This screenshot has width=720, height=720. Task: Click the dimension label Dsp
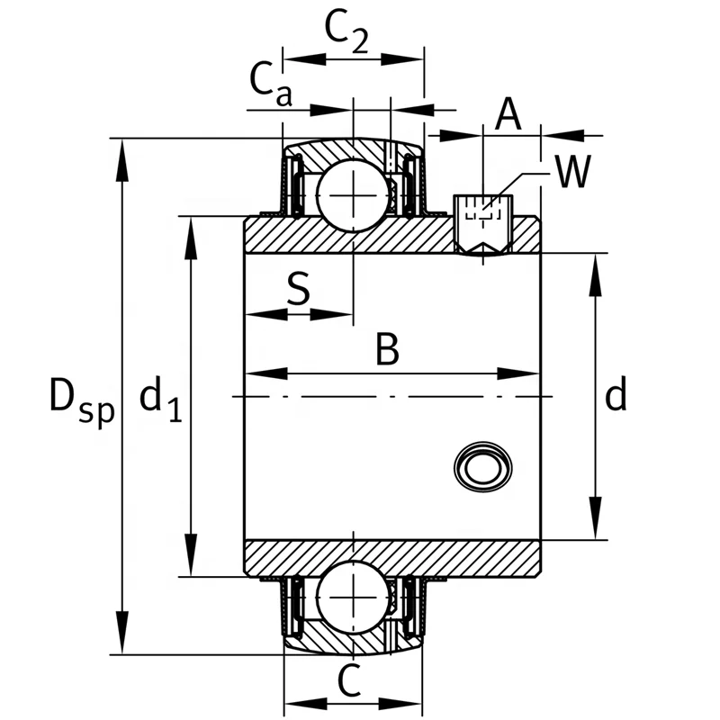(x=81, y=398)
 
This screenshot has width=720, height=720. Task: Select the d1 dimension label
(x=161, y=398)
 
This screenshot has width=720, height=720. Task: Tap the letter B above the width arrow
(x=387, y=349)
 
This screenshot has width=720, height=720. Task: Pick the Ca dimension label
(x=270, y=86)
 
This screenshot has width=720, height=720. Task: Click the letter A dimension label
(x=508, y=114)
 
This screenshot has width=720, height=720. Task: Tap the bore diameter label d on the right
(x=615, y=396)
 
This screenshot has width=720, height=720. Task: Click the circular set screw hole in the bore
(x=484, y=466)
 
